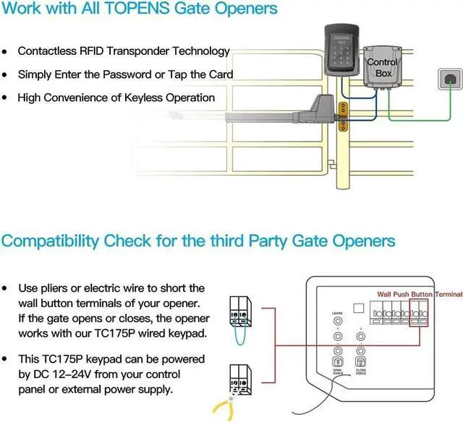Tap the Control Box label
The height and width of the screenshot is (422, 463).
382,67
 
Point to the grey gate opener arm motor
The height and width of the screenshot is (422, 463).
316,110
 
